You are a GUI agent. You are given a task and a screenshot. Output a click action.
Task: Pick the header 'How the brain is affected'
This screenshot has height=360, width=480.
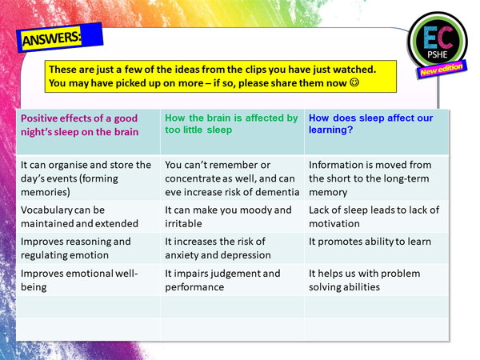[231, 124]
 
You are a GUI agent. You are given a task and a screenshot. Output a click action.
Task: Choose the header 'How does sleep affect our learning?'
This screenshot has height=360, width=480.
[373, 124]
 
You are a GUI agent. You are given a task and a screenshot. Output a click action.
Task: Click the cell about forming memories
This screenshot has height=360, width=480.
[85, 178]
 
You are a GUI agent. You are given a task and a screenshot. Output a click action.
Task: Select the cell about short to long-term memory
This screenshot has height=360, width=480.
[371, 178]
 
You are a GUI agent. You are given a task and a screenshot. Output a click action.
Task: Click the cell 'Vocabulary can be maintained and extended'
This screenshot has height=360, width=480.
[79, 216]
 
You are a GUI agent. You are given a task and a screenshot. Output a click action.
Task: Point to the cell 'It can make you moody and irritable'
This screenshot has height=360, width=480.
[228, 216]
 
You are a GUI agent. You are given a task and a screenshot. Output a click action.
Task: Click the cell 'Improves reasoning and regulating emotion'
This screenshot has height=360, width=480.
[75, 248]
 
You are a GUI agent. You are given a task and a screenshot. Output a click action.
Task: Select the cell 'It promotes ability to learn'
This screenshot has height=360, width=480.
[370, 242]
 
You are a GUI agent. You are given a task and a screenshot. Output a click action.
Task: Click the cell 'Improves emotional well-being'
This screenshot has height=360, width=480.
[79, 280]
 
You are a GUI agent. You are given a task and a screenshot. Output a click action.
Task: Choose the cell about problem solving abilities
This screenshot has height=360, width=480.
[364, 280]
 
